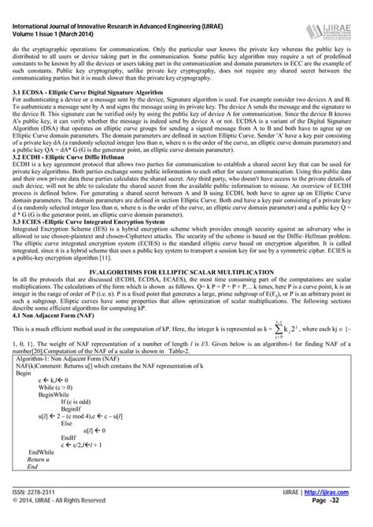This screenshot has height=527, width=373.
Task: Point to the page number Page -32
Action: (341, 519)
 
